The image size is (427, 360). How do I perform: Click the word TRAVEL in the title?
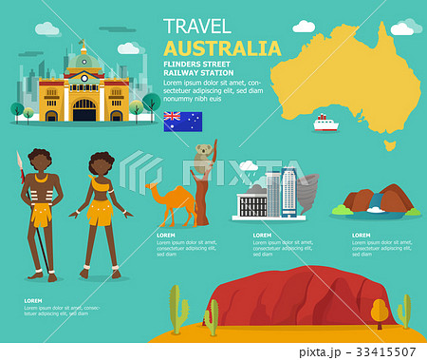[x=197, y=26]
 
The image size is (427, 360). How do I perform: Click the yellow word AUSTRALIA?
[x=222, y=48]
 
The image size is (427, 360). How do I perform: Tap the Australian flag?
[x=182, y=121]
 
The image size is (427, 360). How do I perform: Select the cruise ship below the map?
[x=325, y=123]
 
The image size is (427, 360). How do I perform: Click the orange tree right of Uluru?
[x=380, y=311]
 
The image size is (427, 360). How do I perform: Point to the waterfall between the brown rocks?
[x=378, y=202]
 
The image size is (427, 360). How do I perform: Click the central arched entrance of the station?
[x=84, y=110]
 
